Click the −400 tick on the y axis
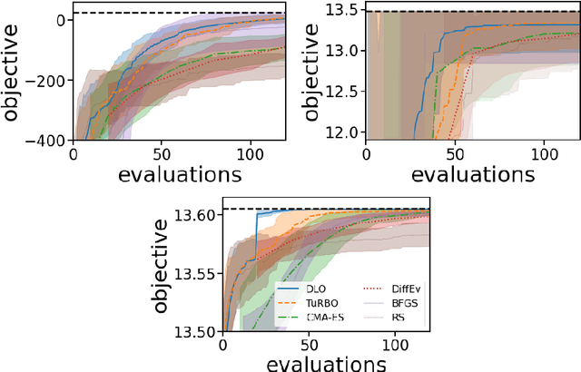point(51,141)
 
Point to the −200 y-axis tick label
point(51,80)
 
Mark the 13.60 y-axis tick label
point(196,215)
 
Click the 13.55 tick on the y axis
point(196,273)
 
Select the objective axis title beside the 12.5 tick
point(311,73)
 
